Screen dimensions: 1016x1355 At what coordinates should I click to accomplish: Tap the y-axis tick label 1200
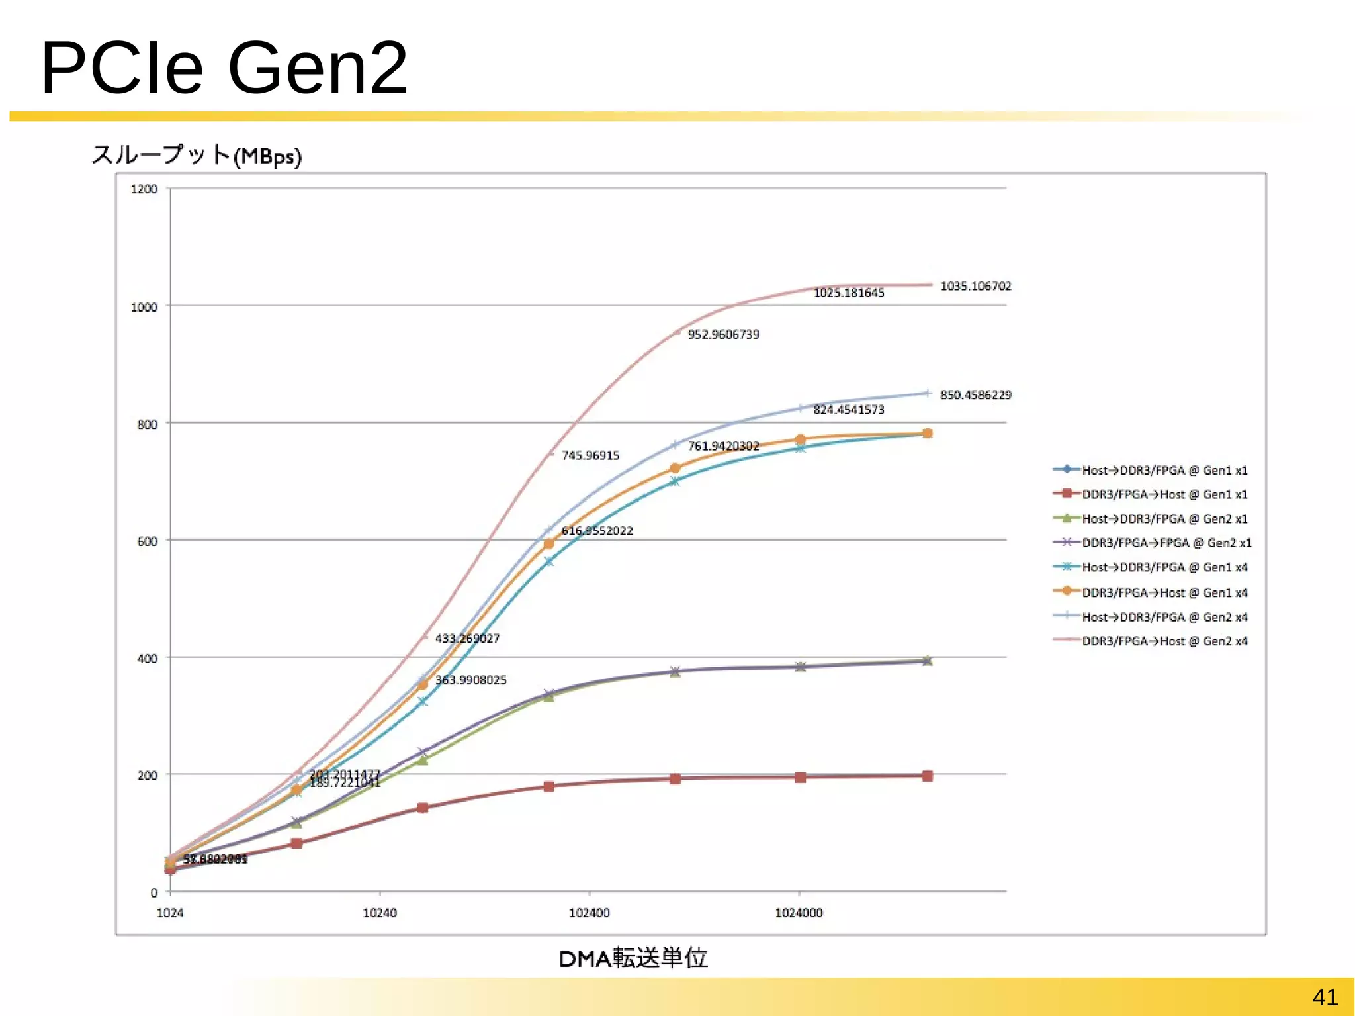[x=144, y=189]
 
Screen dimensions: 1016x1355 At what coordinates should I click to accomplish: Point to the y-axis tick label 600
[x=148, y=541]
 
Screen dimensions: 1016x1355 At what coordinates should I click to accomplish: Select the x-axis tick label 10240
[x=380, y=913]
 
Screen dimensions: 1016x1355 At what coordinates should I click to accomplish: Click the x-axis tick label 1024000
[x=799, y=913]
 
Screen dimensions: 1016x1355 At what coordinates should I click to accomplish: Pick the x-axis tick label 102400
[x=589, y=913]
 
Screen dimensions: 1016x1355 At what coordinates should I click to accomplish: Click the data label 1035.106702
[x=976, y=286]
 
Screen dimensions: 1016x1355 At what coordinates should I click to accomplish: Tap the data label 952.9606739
[x=723, y=334]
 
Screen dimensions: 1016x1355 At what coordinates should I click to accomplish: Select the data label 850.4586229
[x=976, y=395]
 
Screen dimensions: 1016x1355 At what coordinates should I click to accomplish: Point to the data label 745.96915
[x=590, y=455]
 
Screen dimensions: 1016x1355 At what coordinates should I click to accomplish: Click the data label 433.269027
[x=467, y=639]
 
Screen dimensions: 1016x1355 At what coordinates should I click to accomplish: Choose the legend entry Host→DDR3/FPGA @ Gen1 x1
[x=1164, y=471]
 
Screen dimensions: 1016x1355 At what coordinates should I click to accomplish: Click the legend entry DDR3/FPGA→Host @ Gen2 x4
[x=1164, y=641]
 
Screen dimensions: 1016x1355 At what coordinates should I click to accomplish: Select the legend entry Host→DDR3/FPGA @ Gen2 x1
[x=1164, y=519]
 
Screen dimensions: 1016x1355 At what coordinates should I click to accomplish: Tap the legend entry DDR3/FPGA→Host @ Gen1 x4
[x=1164, y=592]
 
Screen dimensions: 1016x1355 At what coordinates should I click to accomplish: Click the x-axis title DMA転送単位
[x=633, y=958]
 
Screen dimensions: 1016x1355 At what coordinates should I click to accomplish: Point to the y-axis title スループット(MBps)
[x=197, y=156]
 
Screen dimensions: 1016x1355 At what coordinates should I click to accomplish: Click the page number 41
[x=1325, y=997]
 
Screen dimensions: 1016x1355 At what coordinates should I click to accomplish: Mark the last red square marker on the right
[x=927, y=776]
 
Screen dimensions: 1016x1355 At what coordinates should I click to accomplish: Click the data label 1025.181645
[x=849, y=293]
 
